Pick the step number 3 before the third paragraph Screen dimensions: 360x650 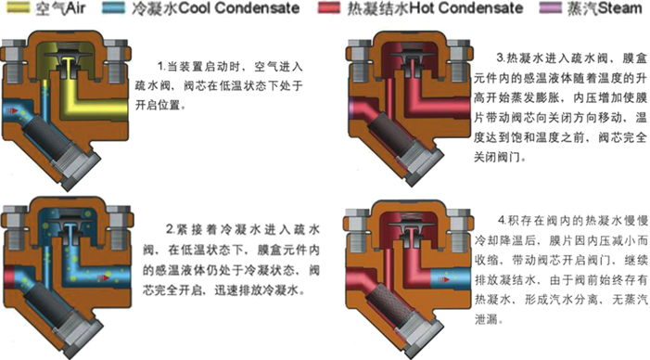coord(501,55)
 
